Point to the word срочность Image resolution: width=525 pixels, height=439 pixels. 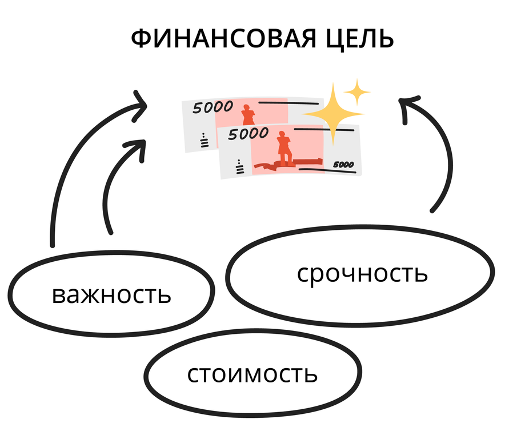[362, 273]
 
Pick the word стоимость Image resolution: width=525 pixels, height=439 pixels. [252, 374]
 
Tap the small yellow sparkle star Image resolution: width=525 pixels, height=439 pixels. [357, 91]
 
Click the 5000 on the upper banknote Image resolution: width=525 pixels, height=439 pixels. [213, 107]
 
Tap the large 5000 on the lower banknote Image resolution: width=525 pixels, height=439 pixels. [248, 134]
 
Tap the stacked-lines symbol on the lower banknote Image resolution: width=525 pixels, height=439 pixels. [239, 167]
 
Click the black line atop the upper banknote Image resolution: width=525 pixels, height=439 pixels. [288, 103]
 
